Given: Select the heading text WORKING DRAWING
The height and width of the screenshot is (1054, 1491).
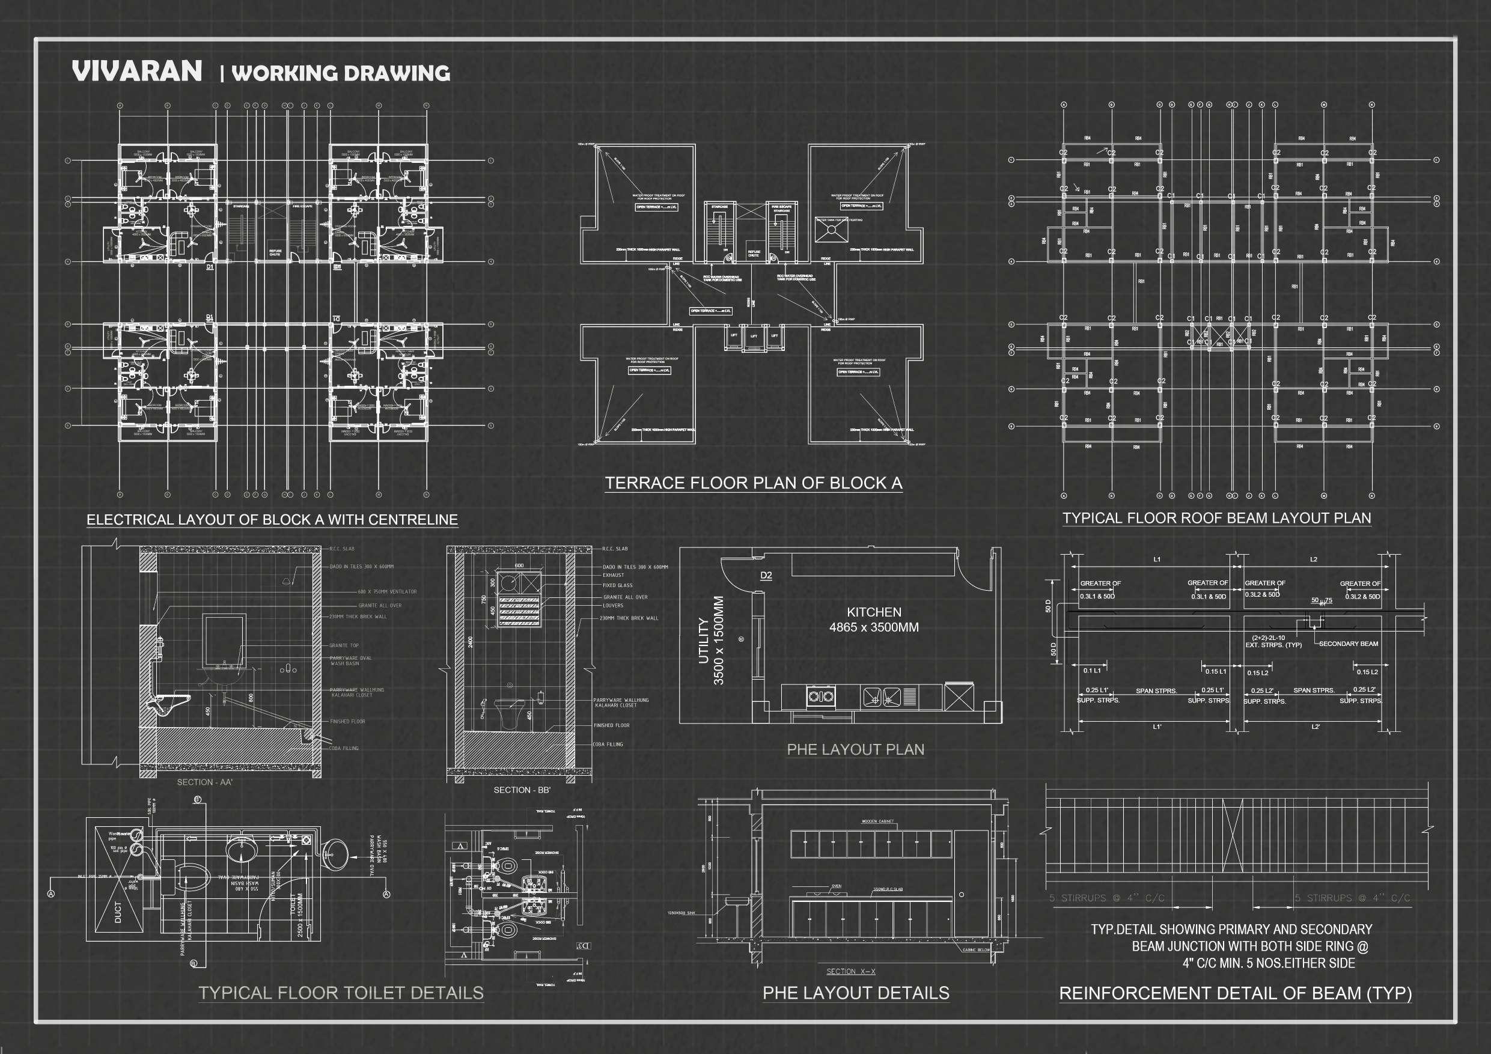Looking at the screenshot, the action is tap(340, 73).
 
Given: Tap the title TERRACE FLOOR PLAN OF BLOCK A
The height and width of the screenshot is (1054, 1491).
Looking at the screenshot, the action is tap(753, 483).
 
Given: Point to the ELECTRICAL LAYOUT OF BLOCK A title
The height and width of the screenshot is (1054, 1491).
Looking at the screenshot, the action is tap(272, 520).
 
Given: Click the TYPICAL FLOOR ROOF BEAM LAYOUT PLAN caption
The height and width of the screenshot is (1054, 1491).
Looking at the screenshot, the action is tap(1216, 518).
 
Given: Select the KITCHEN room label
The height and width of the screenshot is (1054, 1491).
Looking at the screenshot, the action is tap(873, 612).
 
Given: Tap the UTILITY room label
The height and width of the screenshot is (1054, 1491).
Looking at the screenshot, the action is tap(703, 641).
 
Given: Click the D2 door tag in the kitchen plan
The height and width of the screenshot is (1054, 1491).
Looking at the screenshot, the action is tap(766, 576).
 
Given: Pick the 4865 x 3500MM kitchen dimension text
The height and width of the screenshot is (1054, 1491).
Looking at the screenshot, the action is tap(873, 627).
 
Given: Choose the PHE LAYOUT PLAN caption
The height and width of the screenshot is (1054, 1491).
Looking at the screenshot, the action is tap(855, 749).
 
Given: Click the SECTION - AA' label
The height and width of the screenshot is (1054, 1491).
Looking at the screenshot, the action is tap(204, 782).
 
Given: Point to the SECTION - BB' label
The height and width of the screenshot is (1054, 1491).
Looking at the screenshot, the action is tap(522, 790).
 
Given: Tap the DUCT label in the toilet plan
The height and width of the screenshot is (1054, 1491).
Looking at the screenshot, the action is tap(118, 912).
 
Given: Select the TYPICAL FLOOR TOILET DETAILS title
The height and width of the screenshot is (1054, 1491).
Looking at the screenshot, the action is tap(341, 993).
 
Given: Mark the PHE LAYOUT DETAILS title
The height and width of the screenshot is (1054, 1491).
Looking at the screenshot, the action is tap(855, 993).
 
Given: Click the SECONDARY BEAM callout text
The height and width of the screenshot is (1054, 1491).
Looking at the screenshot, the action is tap(1348, 644).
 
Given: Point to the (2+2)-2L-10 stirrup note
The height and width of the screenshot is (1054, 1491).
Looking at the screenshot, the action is tap(1268, 638).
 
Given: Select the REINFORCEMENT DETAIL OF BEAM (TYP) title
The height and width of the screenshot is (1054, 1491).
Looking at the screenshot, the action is tap(1235, 993).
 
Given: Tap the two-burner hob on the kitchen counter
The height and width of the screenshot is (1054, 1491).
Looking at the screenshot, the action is tap(821, 697).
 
